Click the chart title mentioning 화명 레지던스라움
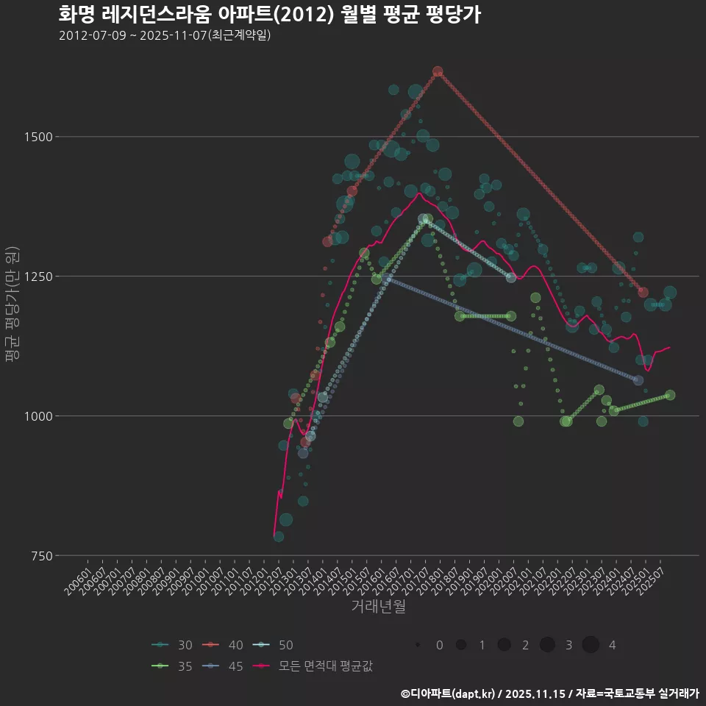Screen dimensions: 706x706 pos(269,15)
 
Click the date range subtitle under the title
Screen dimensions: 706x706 pos(165,35)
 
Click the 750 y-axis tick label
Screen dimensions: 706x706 pos(38,556)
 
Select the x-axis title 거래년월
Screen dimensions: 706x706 pos(378,607)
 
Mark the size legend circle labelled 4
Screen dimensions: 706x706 pos(591,645)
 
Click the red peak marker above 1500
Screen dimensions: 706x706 pos(438,71)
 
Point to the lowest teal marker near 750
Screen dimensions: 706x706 pos(279,537)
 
